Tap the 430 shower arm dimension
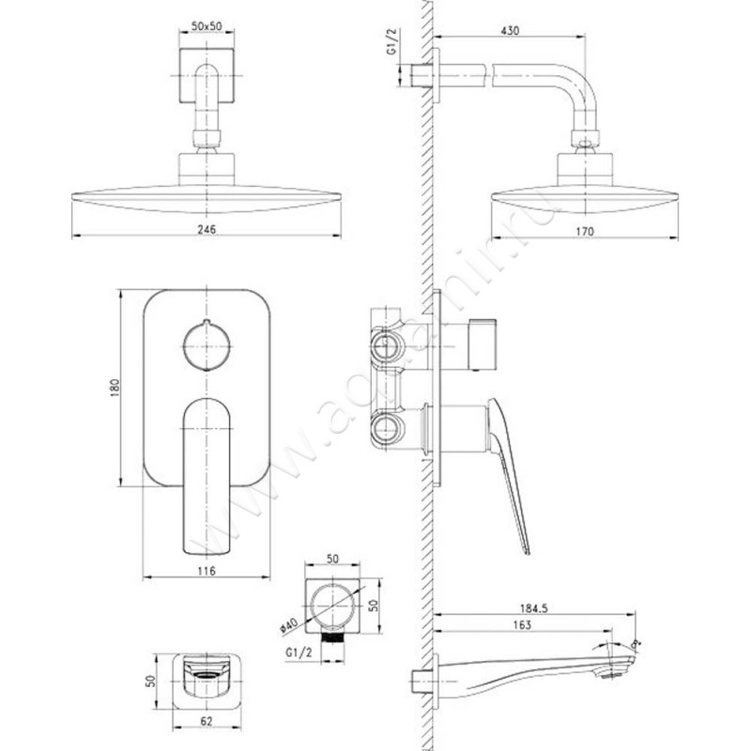click(509, 31)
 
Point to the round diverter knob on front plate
click(207, 345)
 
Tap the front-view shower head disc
click(204, 202)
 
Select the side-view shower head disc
click(583, 202)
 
